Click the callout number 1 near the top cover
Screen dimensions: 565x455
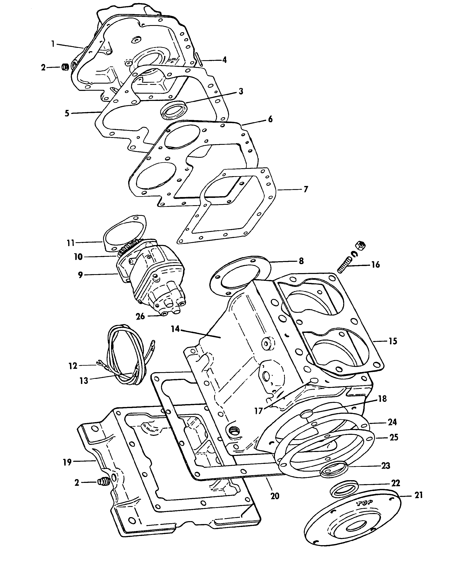tap(53, 43)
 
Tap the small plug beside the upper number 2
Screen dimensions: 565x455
tap(65, 67)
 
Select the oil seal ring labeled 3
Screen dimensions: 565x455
tap(174, 108)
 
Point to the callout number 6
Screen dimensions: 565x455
tap(270, 119)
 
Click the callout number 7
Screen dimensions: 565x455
tap(306, 189)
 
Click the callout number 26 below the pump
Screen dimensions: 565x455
tap(140, 316)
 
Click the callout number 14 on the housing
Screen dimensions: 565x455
tap(175, 329)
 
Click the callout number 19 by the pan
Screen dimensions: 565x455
tap(67, 462)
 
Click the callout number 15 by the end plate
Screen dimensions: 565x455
tap(393, 341)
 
